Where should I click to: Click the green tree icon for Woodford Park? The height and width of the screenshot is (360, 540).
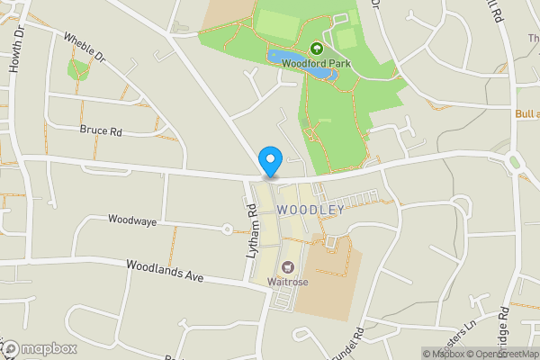click(316, 49)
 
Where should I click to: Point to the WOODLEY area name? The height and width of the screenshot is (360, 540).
click(310, 210)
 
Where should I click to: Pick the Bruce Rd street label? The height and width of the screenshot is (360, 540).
click(100, 130)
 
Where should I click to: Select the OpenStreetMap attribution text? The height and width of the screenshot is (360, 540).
click(505, 353)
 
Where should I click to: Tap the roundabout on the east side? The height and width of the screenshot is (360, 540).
click(517, 163)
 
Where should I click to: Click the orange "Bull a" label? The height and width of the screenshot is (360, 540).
click(526, 114)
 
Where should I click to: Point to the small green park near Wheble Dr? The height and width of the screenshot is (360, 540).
click(78, 68)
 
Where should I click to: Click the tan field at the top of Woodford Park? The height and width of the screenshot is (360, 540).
click(226, 13)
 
